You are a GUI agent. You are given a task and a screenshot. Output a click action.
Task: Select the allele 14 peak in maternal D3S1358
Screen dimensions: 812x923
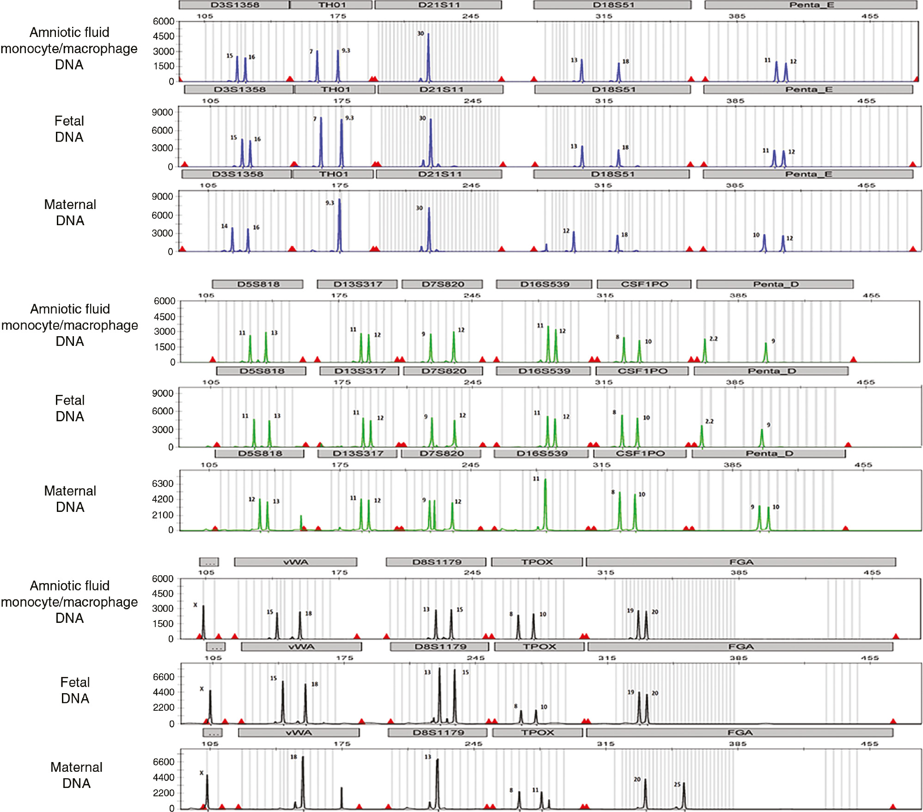(232, 239)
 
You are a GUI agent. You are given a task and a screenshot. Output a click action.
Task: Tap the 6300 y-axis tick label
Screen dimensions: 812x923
(163, 484)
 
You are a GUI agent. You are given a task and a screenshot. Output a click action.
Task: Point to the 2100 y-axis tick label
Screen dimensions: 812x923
(163, 515)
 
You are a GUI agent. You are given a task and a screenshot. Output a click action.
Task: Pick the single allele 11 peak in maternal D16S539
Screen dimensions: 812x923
(545, 504)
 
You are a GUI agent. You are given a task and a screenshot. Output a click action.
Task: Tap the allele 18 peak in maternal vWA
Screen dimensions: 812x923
(303, 781)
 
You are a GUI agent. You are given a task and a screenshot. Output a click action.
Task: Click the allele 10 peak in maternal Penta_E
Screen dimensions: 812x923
(764, 243)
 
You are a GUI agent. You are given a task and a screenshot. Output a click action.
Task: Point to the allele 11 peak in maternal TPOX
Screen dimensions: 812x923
(541, 800)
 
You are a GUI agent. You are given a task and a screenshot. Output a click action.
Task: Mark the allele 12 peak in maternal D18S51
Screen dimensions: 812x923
(574, 241)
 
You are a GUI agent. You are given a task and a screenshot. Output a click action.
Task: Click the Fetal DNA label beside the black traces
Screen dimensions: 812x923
(75, 690)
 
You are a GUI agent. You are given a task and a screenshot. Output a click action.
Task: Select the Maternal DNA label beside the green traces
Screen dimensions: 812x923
(70, 499)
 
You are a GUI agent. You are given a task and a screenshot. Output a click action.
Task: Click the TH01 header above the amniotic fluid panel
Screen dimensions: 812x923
(331, 5)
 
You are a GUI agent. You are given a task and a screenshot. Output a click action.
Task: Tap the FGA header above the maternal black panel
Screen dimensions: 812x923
(740, 732)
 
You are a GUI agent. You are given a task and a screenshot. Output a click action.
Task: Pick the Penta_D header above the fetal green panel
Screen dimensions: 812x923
(771, 371)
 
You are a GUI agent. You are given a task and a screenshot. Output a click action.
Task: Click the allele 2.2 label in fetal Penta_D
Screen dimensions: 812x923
(709, 421)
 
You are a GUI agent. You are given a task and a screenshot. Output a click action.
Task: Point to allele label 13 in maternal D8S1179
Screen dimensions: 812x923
(428, 757)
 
